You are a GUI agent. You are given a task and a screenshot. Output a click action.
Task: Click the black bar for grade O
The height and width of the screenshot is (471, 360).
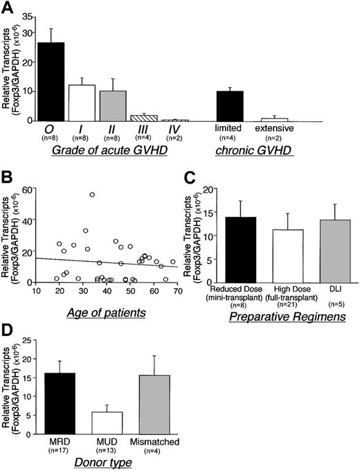(x=50, y=82)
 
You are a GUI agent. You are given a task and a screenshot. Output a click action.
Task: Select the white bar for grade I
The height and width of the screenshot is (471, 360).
(x=87, y=103)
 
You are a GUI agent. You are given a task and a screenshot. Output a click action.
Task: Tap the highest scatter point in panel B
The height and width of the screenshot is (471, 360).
(x=92, y=194)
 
